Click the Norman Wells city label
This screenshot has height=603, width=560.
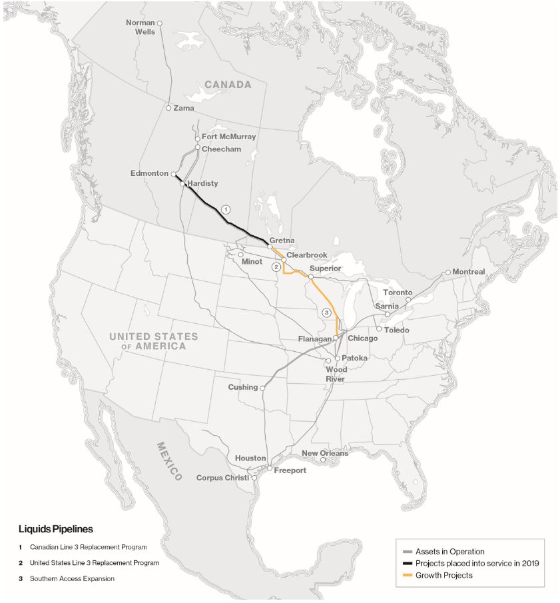click(x=140, y=27)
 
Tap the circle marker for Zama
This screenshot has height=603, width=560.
click(x=168, y=108)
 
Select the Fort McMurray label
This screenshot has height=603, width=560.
click(x=228, y=137)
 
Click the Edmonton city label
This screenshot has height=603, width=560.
click(x=149, y=173)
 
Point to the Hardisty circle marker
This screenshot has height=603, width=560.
click(x=182, y=184)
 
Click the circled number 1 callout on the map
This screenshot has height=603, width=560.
click(x=226, y=209)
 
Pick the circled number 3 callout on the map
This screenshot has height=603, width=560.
click(x=326, y=312)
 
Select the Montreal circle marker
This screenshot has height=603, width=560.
click(x=448, y=273)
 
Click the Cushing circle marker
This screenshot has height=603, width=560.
click(x=263, y=388)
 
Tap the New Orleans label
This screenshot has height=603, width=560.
click(x=325, y=453)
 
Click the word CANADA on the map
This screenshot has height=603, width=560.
click(x=228, y=85)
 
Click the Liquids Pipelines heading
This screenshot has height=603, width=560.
click(x=55, y=529)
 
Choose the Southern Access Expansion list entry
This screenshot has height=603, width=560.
click(x=72, y=578)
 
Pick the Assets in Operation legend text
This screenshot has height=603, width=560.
click(x=449, y=552)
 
